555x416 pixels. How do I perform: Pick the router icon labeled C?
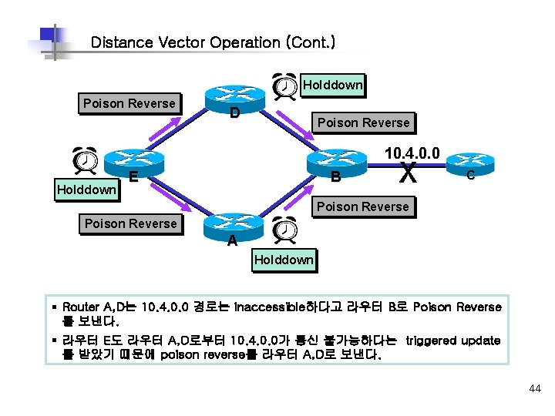[469, 160]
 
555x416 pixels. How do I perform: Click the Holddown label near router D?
[333, 85]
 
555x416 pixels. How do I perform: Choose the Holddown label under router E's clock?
[87, 189]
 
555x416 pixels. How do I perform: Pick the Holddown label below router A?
[284, 260]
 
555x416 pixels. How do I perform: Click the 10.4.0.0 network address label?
[412, 153]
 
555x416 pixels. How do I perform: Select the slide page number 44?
[535, 389]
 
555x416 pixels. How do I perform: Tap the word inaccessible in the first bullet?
[276, 307]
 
